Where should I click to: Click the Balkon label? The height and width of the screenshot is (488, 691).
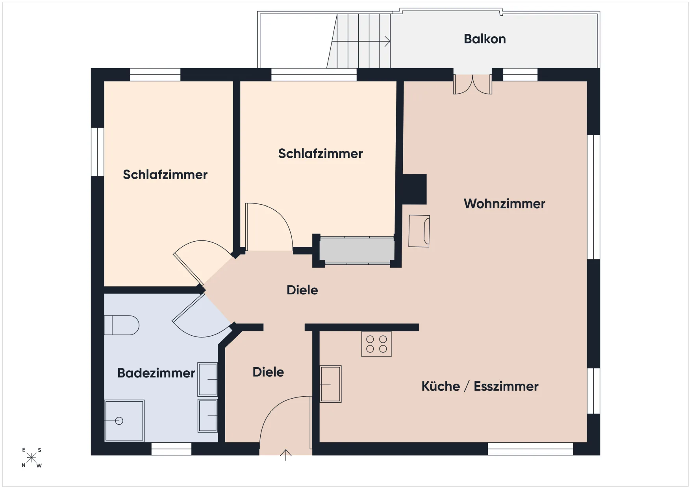(485, 39)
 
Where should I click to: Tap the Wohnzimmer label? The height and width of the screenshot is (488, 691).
(504, 203)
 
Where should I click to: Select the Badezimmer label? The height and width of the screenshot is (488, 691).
(156, 373)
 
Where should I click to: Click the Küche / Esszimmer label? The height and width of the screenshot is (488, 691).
(480, 386)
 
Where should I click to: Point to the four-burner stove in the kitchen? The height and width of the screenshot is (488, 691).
(376, 344)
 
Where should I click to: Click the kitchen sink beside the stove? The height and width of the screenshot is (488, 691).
(331, 384)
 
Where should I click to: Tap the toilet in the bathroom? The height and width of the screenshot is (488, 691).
(122, 325)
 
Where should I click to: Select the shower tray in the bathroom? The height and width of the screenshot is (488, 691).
(124, 421)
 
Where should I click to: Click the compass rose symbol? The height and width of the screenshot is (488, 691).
(31, 458)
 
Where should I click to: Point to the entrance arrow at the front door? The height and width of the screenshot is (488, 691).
(285, 455)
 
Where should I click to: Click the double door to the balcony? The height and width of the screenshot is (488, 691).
(472, 84)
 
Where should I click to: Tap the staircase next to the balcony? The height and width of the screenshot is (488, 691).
(359, 41)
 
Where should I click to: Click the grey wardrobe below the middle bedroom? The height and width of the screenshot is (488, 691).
(357, 250)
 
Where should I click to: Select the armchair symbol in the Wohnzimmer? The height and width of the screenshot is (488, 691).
(419, 231)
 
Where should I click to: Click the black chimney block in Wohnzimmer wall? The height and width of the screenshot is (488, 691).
(414, 189)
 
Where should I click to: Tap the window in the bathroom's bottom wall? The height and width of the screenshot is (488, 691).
(171, 449)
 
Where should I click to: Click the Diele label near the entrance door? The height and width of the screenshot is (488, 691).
(268, 372)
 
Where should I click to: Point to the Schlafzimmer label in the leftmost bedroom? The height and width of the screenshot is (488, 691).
(165, 174)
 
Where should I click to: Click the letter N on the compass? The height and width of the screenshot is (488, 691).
(24, 465)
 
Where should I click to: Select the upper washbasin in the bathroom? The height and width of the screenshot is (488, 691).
(207, 379)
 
